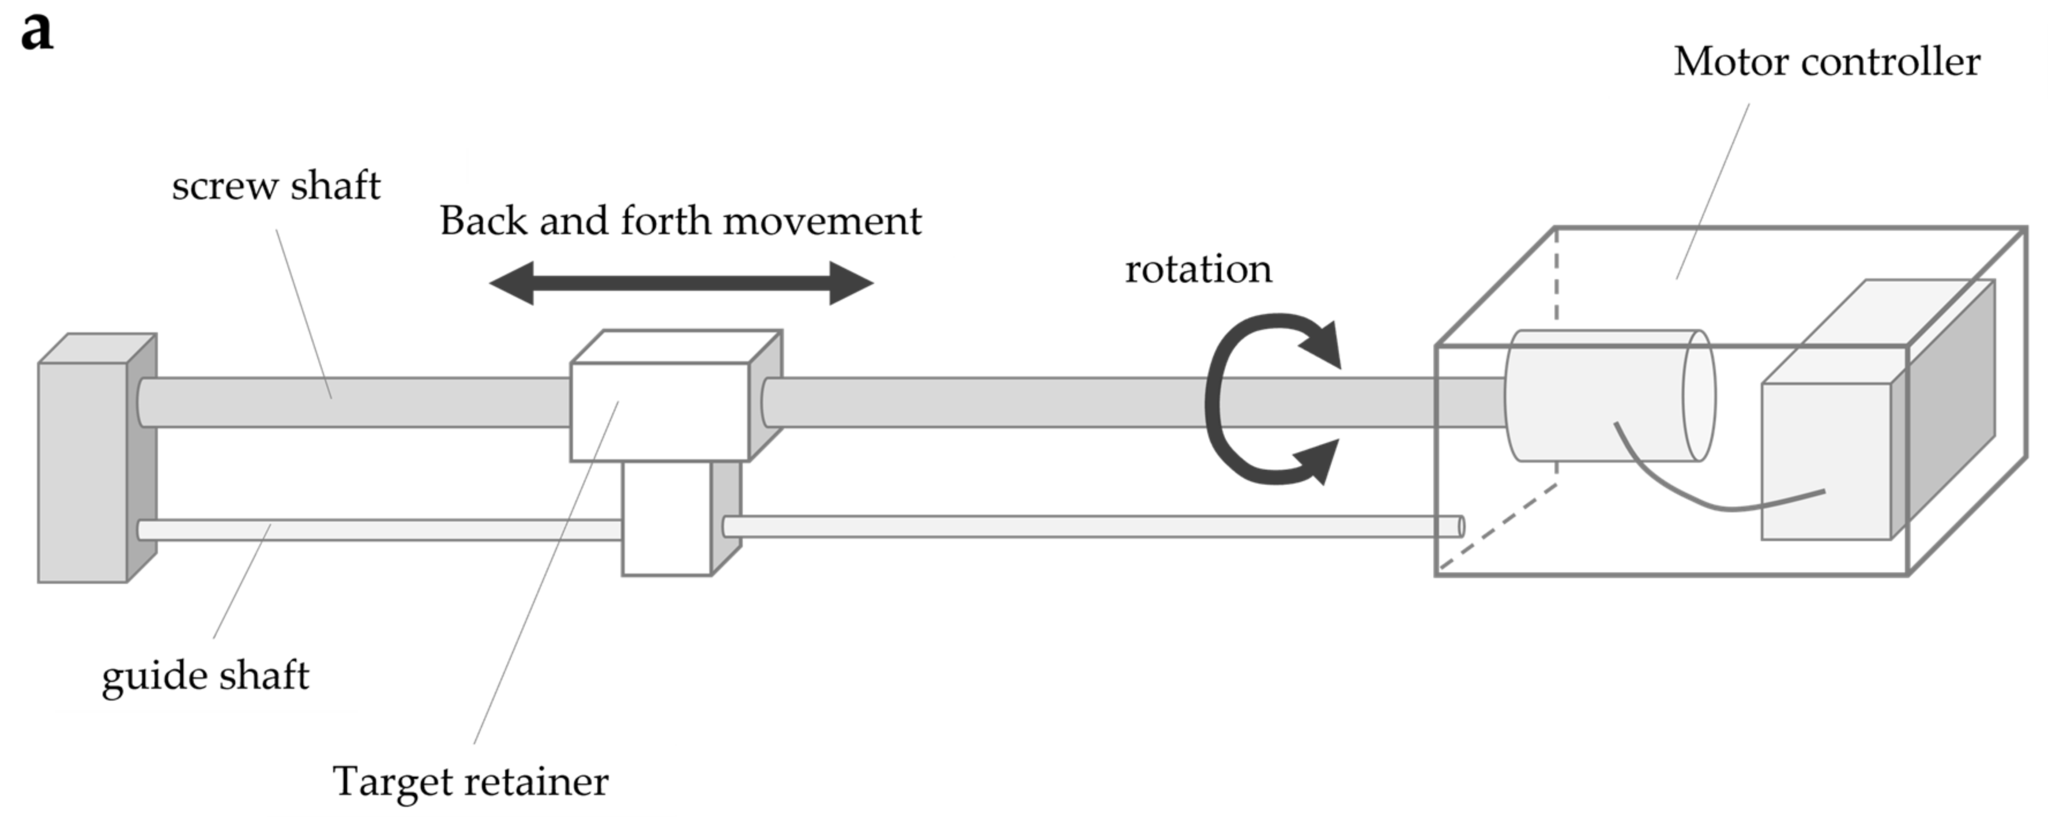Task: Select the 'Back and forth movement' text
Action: (x=680, y=221)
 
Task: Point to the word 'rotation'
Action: (x=1198, y=269)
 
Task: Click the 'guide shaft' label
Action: (x=205, y=676)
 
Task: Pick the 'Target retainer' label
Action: (x=470, y=782)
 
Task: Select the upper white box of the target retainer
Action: (x=660, y=412)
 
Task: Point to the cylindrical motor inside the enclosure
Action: (x=1598, y=395)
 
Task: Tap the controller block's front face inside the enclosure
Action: (x=1825, y=462)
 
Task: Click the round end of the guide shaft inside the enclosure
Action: (x=1460, y=527)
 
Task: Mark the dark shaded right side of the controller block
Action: (x=1943, y=406)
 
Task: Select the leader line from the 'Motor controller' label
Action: (x=1712, y=192)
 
